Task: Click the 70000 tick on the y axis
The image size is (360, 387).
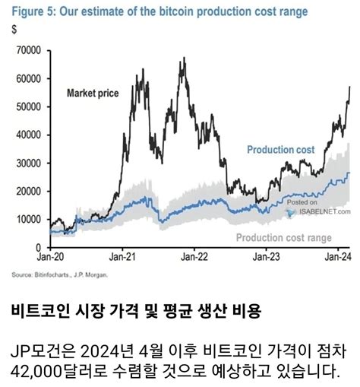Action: click(x=28, y=50)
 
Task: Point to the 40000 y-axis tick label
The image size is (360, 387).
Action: click(x=28, y=135)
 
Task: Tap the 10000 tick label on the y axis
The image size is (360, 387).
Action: click(x=28, y=219)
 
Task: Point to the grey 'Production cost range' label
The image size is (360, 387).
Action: click(x=284, y=238)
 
